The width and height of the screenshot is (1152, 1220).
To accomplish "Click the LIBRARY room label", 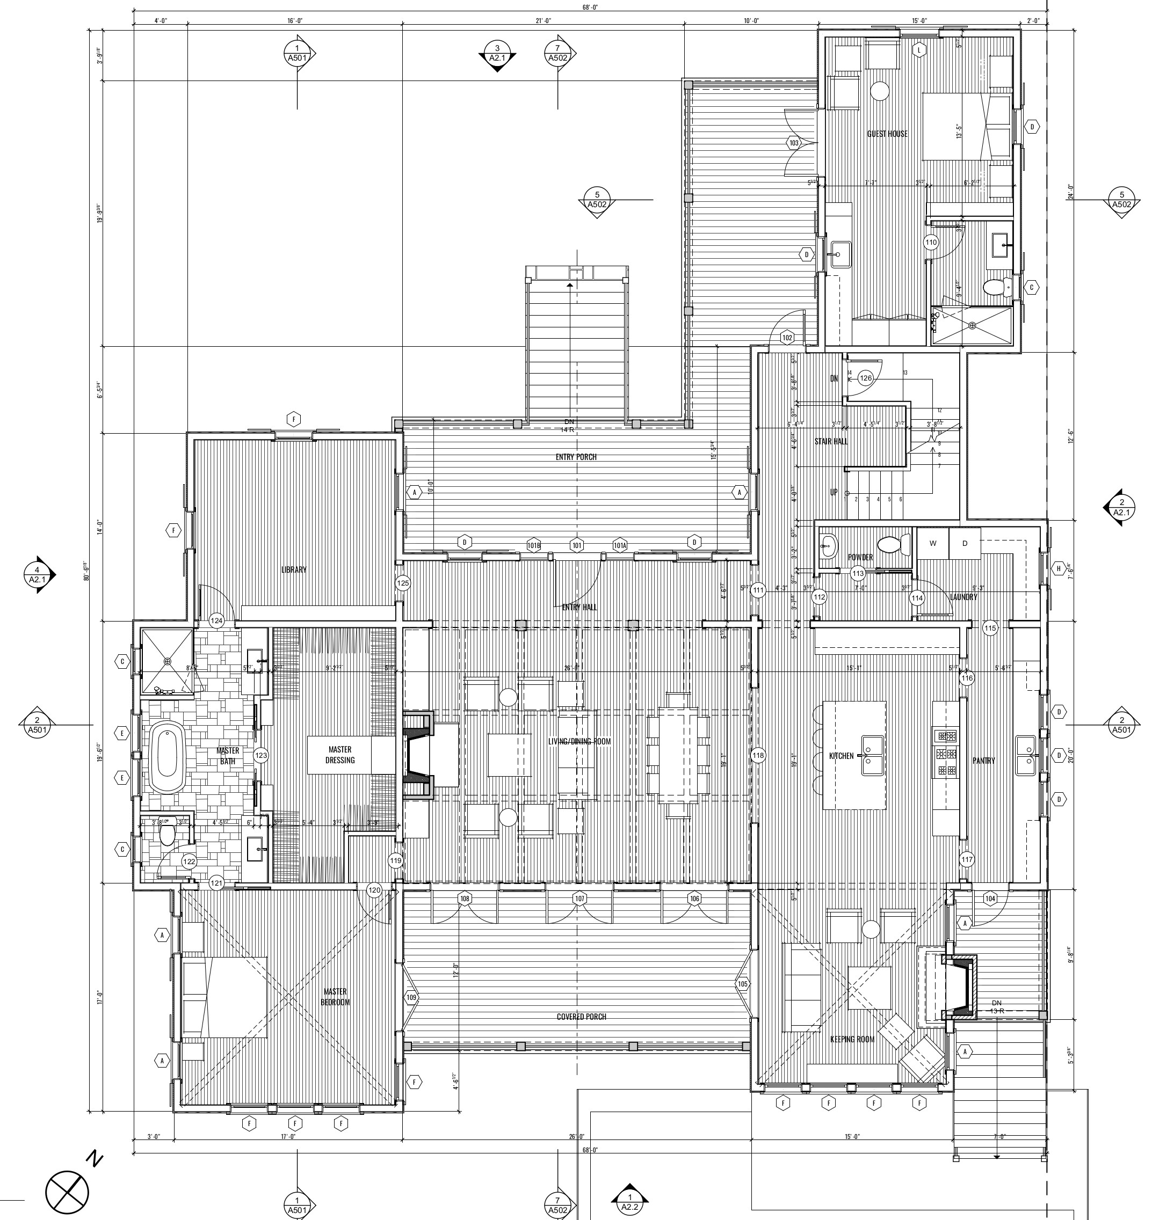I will tap(294, 569).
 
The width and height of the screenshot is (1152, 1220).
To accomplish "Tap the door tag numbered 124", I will tap(217, 620).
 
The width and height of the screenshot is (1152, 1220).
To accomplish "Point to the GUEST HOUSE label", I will tap(887, 134).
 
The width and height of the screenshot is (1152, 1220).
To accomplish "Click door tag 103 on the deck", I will tap(794, 143).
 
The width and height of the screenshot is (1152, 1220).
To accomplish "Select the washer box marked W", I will tap(933, 543).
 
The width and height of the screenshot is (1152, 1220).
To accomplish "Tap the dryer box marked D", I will tap(965, 543).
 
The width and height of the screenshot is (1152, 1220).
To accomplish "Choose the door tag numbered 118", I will tap(758, 755).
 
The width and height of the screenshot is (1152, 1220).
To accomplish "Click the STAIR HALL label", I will tap(831, 441).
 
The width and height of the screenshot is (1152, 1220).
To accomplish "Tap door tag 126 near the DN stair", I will tap(865, 378).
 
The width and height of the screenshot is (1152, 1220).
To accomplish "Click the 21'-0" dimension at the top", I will tap(543, 21).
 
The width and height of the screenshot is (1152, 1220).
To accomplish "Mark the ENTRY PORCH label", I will tap(575, 457).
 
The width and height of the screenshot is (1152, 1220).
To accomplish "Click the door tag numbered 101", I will tap(577, 545).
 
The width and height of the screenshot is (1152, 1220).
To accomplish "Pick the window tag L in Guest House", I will tap(919, 50).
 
